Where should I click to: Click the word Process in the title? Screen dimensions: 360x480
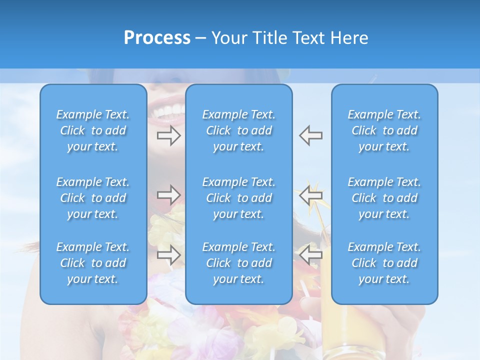[157, 38]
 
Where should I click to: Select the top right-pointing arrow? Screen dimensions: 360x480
[168, 135]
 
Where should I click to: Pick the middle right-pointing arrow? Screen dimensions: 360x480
[168, 194]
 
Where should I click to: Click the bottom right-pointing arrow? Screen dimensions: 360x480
[168, 255]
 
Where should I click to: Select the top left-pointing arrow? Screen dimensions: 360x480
[311, 135]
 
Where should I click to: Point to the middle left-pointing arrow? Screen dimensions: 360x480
[311, 194]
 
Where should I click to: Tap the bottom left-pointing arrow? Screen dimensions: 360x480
[311, 255]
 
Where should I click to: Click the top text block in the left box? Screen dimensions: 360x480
[93, 130]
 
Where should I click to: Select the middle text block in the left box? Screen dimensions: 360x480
[93, 198]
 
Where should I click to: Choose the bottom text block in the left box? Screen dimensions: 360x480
[93, 263]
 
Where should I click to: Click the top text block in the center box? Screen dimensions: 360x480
[238, 130]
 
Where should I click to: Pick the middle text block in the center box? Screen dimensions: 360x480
[238, 198]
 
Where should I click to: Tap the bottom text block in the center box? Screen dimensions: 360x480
[238, 263]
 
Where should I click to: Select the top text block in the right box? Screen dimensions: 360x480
[384, 130]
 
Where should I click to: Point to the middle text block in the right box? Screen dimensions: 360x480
[384, 198]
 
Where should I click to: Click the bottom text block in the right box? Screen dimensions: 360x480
[384, 263]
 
